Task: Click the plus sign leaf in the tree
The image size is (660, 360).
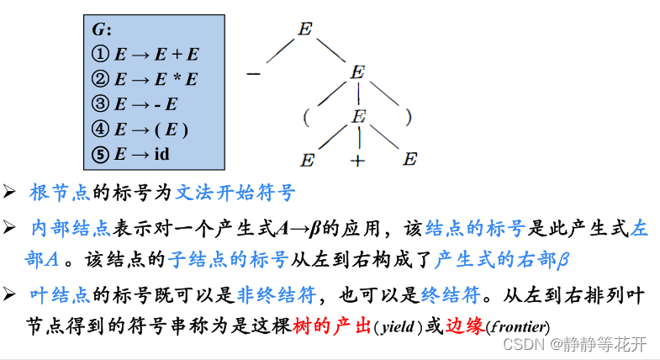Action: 358,160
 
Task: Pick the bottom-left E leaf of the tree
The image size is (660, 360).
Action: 308,160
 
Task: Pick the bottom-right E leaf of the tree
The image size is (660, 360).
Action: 409,160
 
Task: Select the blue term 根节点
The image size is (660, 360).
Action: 61,193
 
